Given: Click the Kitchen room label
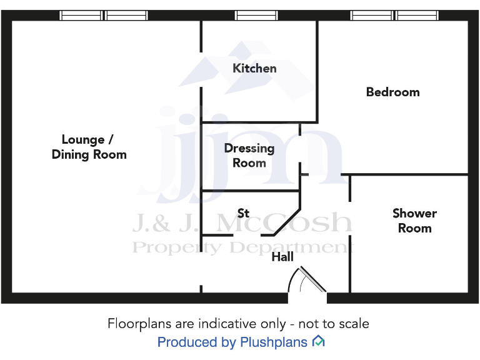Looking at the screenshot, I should (x=254, y=68).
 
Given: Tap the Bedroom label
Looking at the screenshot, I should (x=392, y=92).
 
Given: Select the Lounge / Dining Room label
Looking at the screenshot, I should (x=89, y=147).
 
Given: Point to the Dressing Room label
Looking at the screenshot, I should (x=249, y=156).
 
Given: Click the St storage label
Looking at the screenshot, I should (x=243, y=213).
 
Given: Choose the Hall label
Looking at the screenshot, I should (x=282, y=257).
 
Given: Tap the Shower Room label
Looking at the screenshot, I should (x=414, y=221).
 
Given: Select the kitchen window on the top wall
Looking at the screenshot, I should (x=257, y=16).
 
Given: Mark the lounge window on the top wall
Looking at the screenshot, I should (x=104, y=16).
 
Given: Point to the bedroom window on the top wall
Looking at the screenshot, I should (x=394, y=16).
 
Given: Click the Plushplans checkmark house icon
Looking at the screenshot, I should (x=318, y=341).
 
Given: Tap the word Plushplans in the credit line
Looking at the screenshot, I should (x=273, y=342).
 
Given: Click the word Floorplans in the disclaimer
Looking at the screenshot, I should (x=136, y=324).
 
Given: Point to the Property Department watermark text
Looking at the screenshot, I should (x=241, y=247).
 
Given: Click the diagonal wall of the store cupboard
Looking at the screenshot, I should (x=287, y=219).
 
